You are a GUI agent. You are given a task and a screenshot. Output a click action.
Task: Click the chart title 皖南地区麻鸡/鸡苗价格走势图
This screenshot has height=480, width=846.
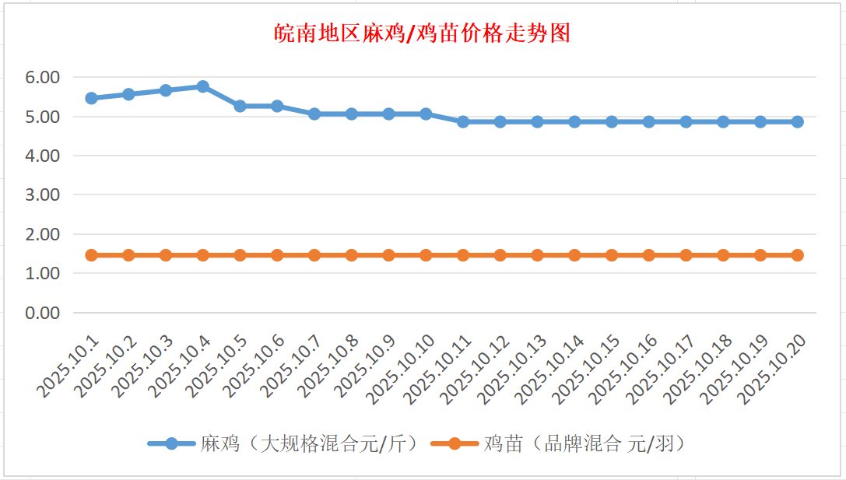tap(423, 33)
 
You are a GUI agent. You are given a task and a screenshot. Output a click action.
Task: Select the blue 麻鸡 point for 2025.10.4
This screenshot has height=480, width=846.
tap(203, 86)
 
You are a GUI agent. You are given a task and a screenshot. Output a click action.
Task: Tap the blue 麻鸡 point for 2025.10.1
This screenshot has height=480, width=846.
tap(91, 98)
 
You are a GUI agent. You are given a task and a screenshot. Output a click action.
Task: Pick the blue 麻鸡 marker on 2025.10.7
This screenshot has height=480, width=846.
tap(314, 114)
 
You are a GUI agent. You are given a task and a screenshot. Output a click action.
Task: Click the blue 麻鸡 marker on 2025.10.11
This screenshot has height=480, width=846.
tap(463, 121)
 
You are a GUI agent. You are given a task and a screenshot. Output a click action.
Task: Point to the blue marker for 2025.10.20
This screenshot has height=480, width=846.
tap(798, 121)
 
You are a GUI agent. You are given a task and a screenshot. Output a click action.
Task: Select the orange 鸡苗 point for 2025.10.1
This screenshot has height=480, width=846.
tap(91, 255)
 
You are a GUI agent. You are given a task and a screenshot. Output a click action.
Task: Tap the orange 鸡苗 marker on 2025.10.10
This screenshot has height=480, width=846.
tap(426, 255)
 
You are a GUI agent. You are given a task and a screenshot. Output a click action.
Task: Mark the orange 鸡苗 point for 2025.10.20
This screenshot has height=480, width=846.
tap(798, 255)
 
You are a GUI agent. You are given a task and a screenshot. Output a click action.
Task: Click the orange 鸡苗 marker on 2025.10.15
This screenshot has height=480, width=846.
tap(612, 255)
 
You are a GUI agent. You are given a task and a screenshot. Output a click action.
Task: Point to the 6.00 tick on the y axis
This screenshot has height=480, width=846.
tap(42, 77)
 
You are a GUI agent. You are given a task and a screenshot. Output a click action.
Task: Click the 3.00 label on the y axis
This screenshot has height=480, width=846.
tap(42, 194)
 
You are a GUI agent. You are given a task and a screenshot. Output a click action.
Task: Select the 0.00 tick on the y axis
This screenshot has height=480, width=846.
tap(42, 313)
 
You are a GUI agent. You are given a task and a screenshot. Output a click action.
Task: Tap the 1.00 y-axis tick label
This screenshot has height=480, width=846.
tap(42, 273)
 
